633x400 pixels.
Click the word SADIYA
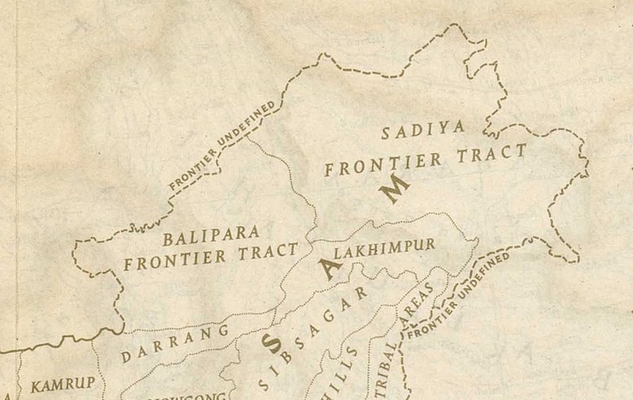[423, 132]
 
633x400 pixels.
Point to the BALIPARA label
[211, 234]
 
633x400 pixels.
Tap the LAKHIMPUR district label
[385, 249]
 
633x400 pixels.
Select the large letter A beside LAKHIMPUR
[327, 268]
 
